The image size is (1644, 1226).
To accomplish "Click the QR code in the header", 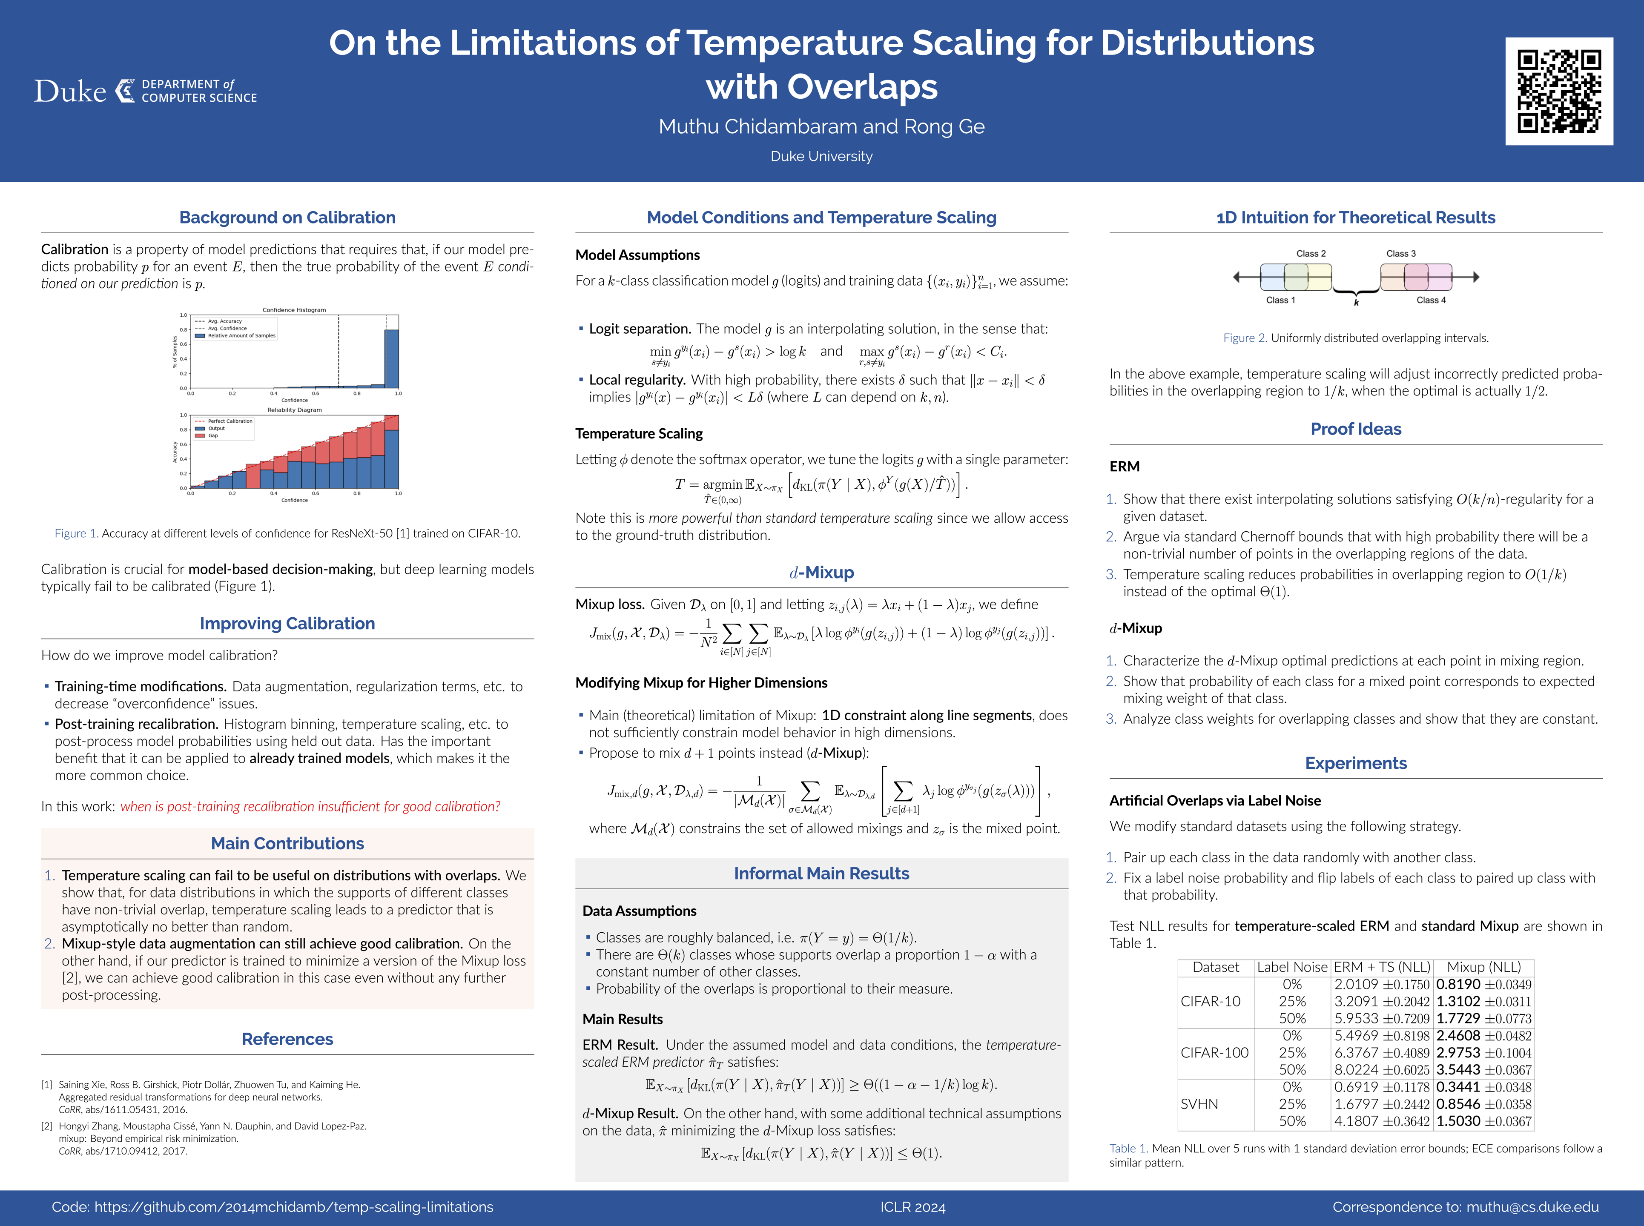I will click(1559, 91).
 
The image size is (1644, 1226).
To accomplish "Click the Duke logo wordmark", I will click(71, 91).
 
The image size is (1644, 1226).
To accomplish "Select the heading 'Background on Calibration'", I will click(287, 218).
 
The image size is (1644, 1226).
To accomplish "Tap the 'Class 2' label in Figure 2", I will click(1311, 254).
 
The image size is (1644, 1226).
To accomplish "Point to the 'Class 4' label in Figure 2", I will click(1431, 301).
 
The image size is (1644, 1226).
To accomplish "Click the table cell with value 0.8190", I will click(1458, 985).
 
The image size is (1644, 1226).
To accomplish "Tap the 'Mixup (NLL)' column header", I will click(1483, 967).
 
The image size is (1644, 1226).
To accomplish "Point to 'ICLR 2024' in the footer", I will click(913, 1207).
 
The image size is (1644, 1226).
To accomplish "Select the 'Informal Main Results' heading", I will click(822, 874).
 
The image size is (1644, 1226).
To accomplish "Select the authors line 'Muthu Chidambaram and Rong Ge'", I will click(822, 127).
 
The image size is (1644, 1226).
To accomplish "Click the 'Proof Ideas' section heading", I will click(1356, 429).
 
